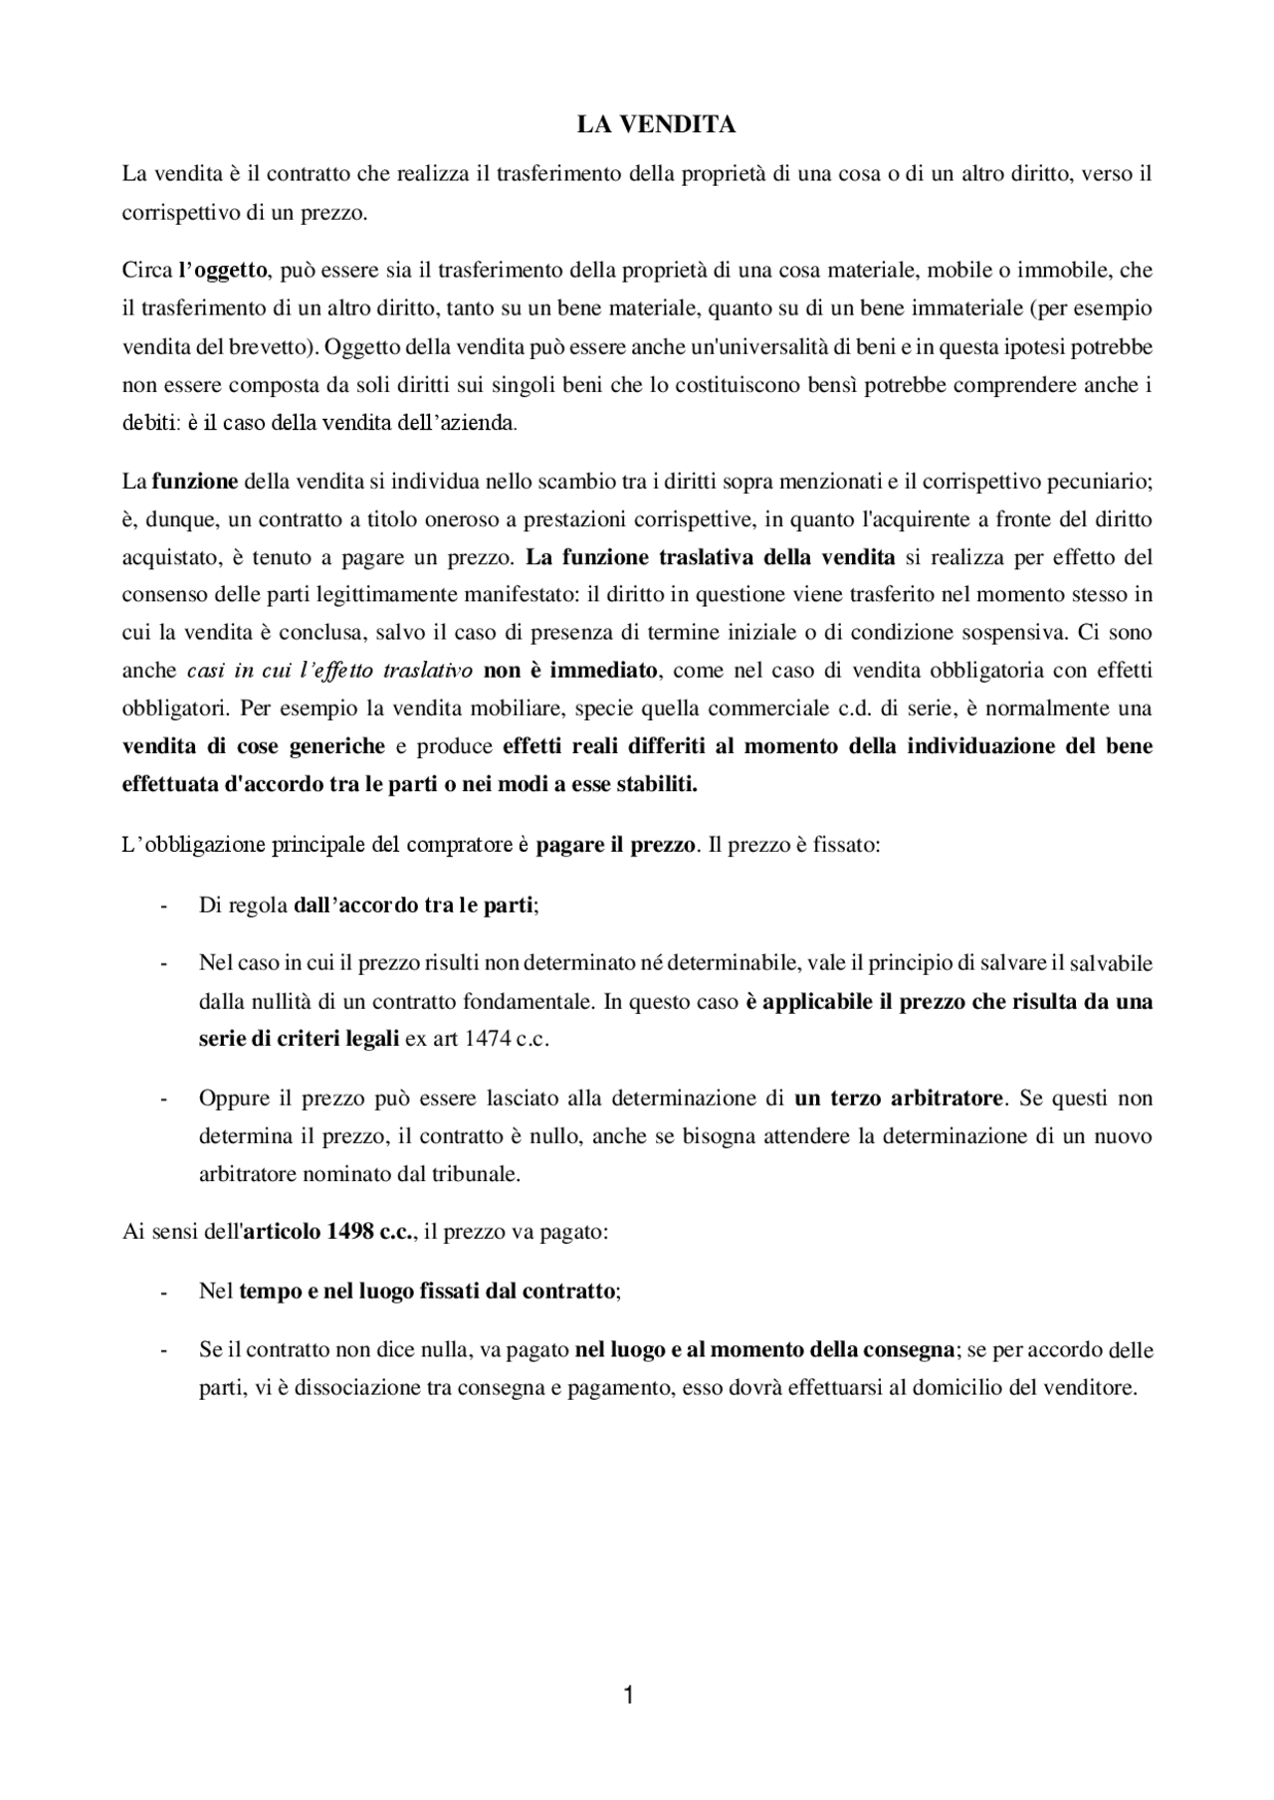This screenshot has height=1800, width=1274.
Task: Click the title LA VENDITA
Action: [x=657, y=124]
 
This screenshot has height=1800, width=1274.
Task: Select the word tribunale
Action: [x=477, y=1174]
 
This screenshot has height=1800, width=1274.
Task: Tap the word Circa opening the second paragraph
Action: [x=146, y=270]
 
